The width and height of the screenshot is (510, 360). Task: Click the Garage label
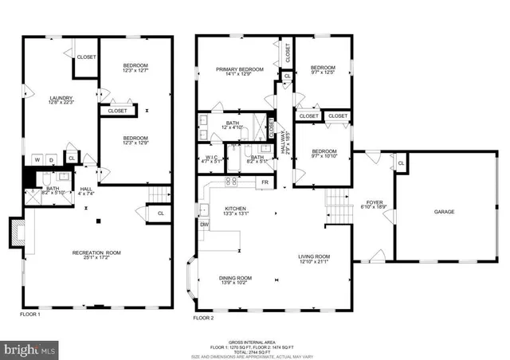click(x=444, y=212)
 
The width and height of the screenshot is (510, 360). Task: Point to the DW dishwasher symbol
click(x=204, y=225)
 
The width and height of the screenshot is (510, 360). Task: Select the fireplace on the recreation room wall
click(x=17, y=231)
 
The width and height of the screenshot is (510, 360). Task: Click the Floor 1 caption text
click(x=31, y=315)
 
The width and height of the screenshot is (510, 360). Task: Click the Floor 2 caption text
click(x=203, y=317)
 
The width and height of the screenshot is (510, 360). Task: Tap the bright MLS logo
click(x=30, y=349)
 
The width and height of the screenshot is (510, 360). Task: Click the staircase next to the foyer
click(x=338, y=208)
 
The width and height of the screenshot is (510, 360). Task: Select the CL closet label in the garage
click(x=401, y=163)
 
